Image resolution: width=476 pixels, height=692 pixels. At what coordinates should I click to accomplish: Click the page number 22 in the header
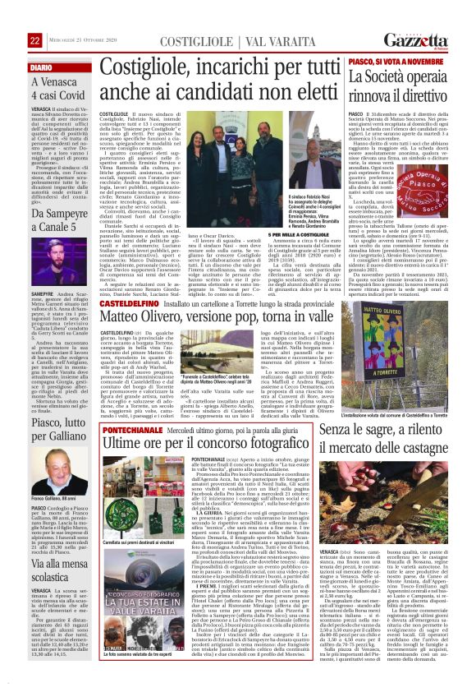[x=35, y=41]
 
